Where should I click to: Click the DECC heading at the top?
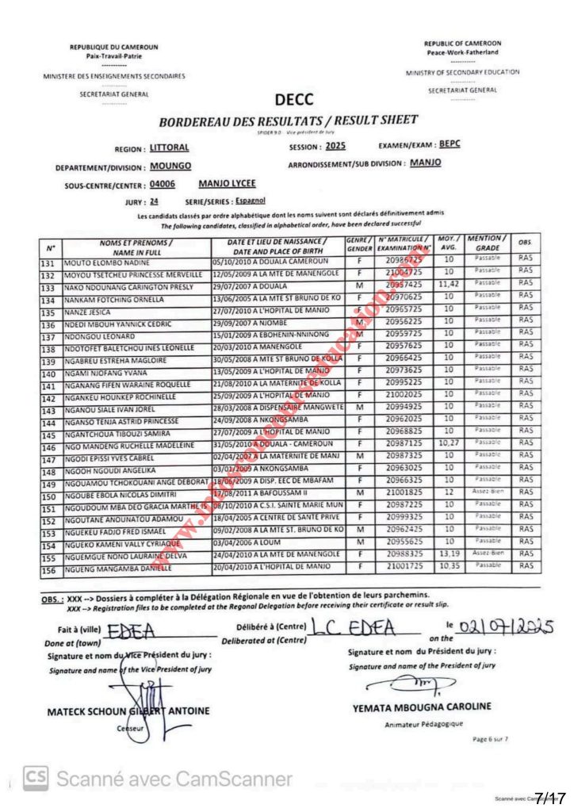tap(293, 100)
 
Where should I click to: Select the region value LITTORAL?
tap(169, 148)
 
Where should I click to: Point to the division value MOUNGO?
tap(171, 167)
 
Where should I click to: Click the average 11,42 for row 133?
tap(450, 285)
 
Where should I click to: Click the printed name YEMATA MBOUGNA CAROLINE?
tap(432, 707)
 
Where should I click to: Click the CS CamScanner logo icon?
tap(36, 778)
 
